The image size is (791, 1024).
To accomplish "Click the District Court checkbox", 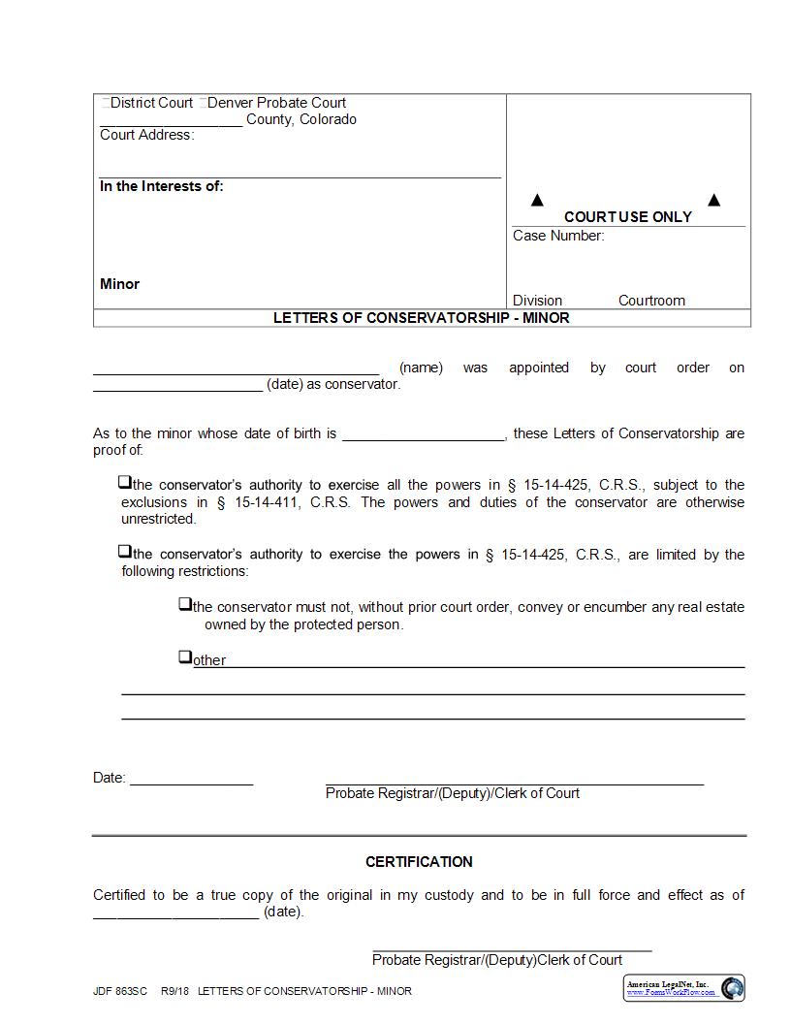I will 105,103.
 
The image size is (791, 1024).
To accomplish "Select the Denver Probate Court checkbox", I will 203,103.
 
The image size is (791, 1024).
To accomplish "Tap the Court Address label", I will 146,135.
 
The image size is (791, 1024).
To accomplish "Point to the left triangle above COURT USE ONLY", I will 537,200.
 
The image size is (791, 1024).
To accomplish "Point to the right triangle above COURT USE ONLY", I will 713,200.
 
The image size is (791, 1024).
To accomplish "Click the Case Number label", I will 557,236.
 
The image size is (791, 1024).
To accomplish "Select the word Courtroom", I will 651,301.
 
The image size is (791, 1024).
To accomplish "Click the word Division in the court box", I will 537,301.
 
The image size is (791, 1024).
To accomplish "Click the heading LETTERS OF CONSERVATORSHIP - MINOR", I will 421,317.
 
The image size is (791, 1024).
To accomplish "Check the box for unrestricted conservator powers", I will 125,482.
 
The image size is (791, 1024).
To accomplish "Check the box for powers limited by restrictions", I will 125,552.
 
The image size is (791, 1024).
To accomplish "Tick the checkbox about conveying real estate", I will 185,604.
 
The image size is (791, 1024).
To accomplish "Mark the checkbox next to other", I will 185,657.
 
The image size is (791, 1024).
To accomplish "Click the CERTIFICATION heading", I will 419,861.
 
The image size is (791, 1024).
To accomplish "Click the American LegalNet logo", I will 684,988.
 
